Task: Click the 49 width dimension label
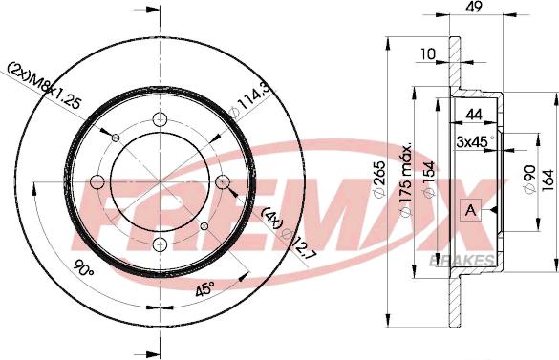[475, 6]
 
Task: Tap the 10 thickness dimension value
[428, 54]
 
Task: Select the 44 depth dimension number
[475, 115]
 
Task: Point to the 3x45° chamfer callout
[475, 142]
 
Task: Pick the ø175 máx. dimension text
[405, 180]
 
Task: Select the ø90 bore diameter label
[529, 180]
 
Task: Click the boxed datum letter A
[470, 210]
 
